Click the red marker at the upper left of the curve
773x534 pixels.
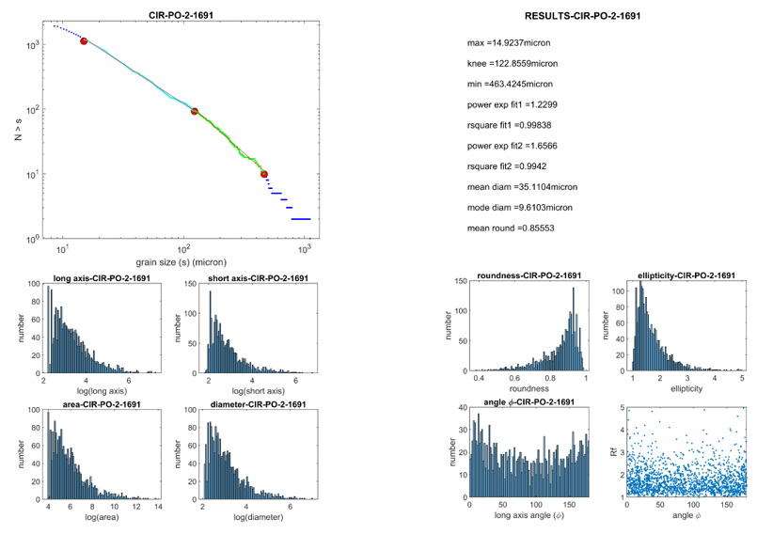[x=84, y=41]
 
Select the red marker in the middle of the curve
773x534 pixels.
[x=195, y=111]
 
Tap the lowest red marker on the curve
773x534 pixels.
[x=264, y=174]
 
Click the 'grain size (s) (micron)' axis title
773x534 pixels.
[x=182, y=262]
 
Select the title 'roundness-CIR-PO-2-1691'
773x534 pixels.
[x=528, y=275]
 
